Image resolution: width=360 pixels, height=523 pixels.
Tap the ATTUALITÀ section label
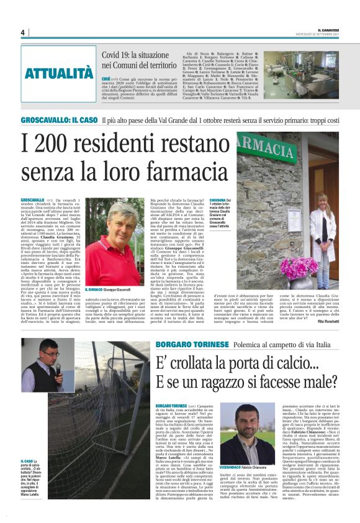pos(58,73)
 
